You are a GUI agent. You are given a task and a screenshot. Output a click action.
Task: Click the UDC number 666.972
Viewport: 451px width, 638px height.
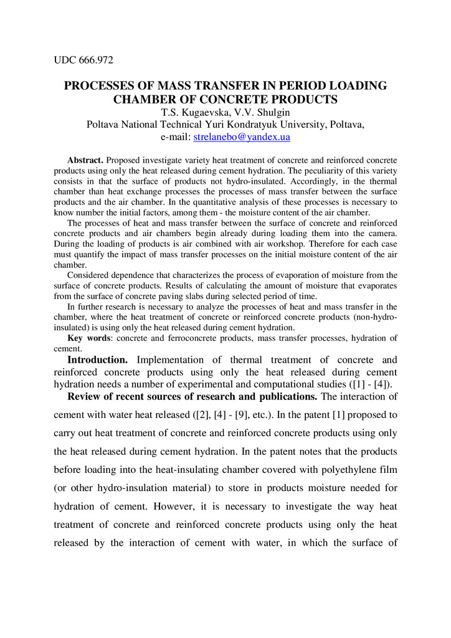(95, 60)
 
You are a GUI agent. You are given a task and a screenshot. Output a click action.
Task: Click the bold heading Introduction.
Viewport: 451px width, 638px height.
(98, 360)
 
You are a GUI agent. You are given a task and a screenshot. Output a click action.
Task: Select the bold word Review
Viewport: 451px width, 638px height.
(85, 397)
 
